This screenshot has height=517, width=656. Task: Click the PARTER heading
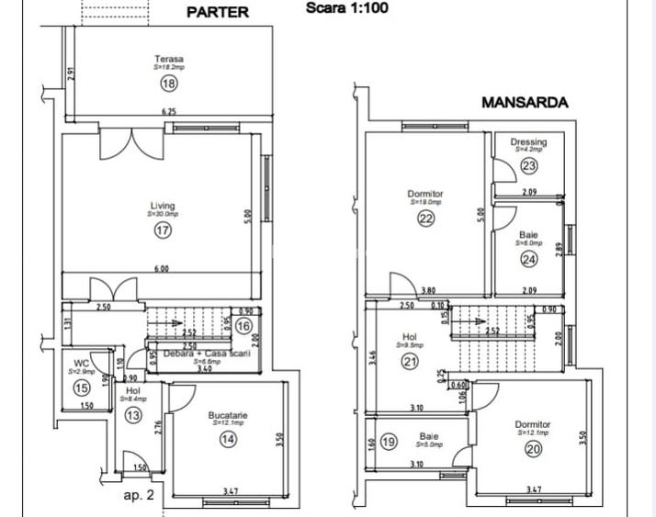(218, 13)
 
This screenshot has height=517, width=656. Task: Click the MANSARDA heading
(525, 103)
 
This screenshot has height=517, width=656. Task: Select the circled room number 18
(168, 84)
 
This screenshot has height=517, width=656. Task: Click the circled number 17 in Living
(163, 230)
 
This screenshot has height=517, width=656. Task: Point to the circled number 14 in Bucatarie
(227, 440)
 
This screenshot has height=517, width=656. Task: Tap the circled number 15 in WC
(81, 388)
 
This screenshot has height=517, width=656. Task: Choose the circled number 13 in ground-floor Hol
(134, 415)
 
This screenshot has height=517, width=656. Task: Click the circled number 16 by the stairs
(243, 325)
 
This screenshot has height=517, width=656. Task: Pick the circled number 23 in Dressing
(528, 166)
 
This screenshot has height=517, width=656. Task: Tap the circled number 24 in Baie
(528, 260)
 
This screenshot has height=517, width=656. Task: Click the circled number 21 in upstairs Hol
(410, 362)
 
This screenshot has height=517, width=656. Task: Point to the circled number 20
(533, 448)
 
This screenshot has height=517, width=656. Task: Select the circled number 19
(388, 443)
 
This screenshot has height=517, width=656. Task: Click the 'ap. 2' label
(138, 495)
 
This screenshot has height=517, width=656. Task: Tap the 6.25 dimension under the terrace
(169, 111)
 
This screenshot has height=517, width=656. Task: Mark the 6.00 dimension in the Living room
(161, 269)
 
